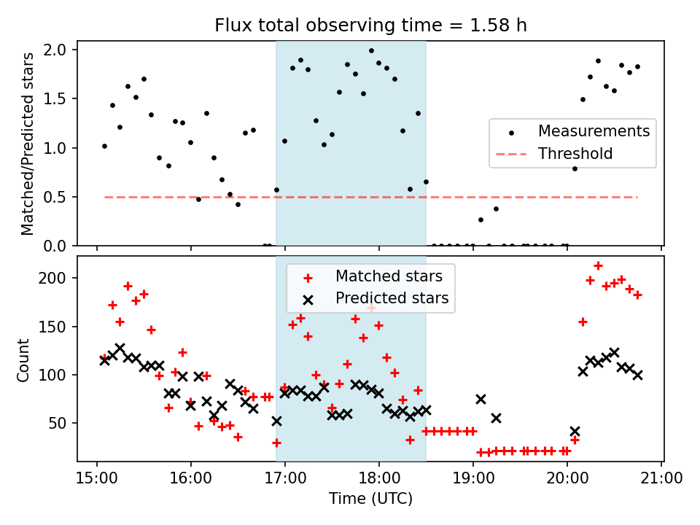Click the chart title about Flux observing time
(x=370, y=26)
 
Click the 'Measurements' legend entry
(x=594, y=132)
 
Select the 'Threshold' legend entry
(x=575, y=154)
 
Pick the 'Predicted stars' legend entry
(x=392, y=298)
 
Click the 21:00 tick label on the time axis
(x=661, y=478)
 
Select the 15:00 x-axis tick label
(x=97, y=478)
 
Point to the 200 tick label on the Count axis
(x=58, y=278)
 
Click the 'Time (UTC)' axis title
(x=370, y=499)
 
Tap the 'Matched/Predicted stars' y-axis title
(x=27, y=144)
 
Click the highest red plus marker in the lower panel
(x=598, y=266)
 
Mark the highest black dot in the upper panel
(x=371, y=51)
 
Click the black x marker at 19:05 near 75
(x=481, y=399)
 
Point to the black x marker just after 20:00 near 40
(x=575, y=432)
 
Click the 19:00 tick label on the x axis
(x=473, y=478)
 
